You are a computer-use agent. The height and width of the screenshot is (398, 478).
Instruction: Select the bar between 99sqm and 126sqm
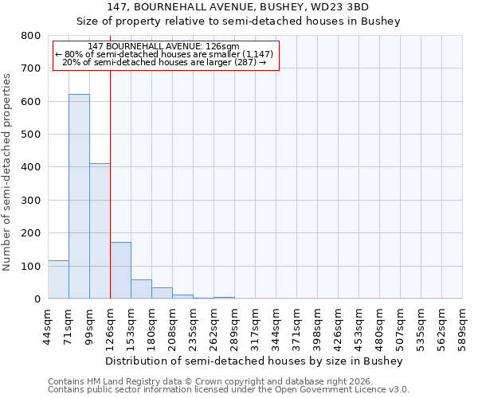tap(100, 231)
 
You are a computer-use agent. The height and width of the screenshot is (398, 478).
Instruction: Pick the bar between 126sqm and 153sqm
tap(120, 271)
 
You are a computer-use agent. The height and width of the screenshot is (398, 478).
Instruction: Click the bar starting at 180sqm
tap(162, 293)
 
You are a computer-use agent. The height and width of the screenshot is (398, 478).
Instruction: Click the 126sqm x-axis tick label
tap(110, 325)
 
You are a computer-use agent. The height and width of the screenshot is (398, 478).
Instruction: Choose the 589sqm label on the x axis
tap(462, 325)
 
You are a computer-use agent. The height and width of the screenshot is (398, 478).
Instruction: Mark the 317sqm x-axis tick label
tap(255, 325)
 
